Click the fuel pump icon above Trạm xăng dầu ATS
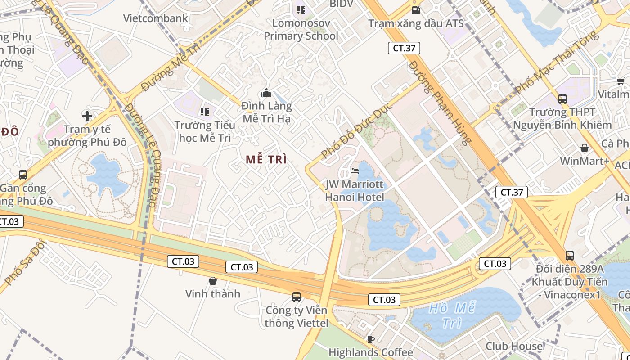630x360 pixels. coord(416,9)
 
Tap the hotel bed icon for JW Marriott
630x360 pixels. coord(355,171)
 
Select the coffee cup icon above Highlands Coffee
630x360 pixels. coord(370,339)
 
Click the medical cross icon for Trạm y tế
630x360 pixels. coord(87,116)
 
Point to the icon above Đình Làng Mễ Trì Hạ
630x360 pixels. coord(266,93)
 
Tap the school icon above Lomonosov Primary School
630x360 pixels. coord(301,9)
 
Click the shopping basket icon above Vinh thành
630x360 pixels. coord(213,281)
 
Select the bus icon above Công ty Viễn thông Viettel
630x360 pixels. coord(296,297)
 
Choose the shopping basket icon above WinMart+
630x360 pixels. coord(584,148)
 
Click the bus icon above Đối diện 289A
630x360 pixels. coord(570,256)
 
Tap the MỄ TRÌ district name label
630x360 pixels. coord(266,159)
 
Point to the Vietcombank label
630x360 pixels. coord(156,18)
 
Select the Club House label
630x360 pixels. coord(514,346)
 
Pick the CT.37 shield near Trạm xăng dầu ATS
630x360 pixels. coord(404,48)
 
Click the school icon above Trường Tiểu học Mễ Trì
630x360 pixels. coord(205,112)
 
